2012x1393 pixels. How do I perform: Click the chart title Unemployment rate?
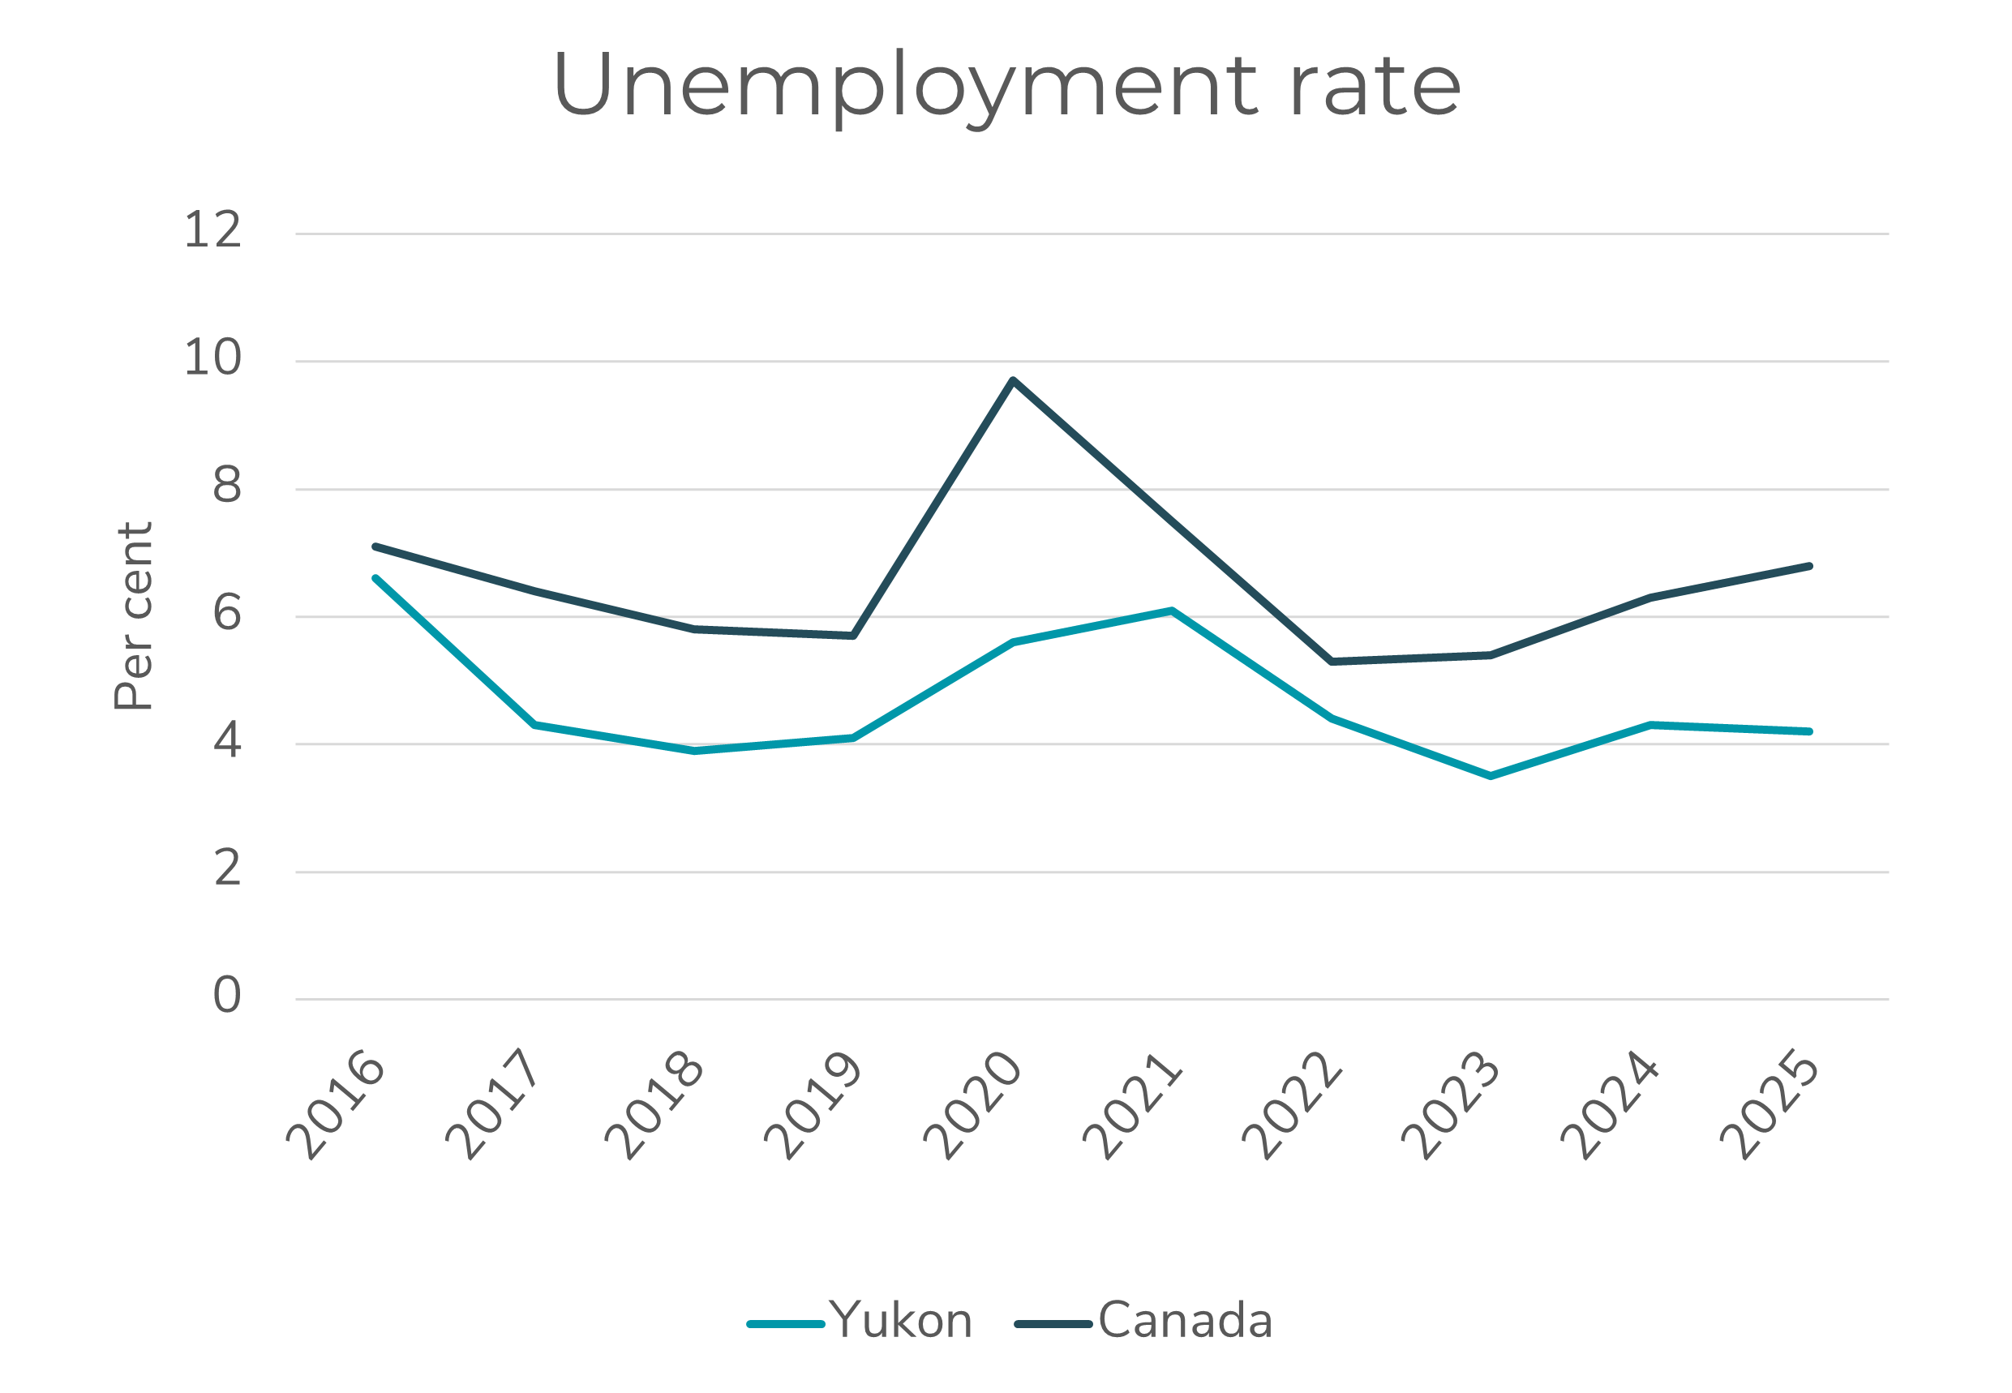(1006, 84)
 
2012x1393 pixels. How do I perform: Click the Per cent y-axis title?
(134, 616)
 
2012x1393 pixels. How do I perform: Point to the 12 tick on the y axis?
(212, 230)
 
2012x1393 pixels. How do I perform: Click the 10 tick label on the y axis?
(212, 358)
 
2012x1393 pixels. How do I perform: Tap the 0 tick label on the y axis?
(227, 995)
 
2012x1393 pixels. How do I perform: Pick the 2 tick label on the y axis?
(227, 868)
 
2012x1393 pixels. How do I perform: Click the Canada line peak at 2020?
(1013, 380)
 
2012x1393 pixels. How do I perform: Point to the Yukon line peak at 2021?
(1173, 611)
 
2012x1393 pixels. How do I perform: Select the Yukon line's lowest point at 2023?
(1490, 776)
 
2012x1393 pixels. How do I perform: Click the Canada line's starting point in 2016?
(375, 546)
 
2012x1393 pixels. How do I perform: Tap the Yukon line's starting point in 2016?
(375, 579)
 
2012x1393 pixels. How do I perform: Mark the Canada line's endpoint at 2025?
(1808, 567)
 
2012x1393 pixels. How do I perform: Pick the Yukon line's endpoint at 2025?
(1808, 731)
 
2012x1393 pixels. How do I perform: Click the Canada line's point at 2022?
(1331, 662)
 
